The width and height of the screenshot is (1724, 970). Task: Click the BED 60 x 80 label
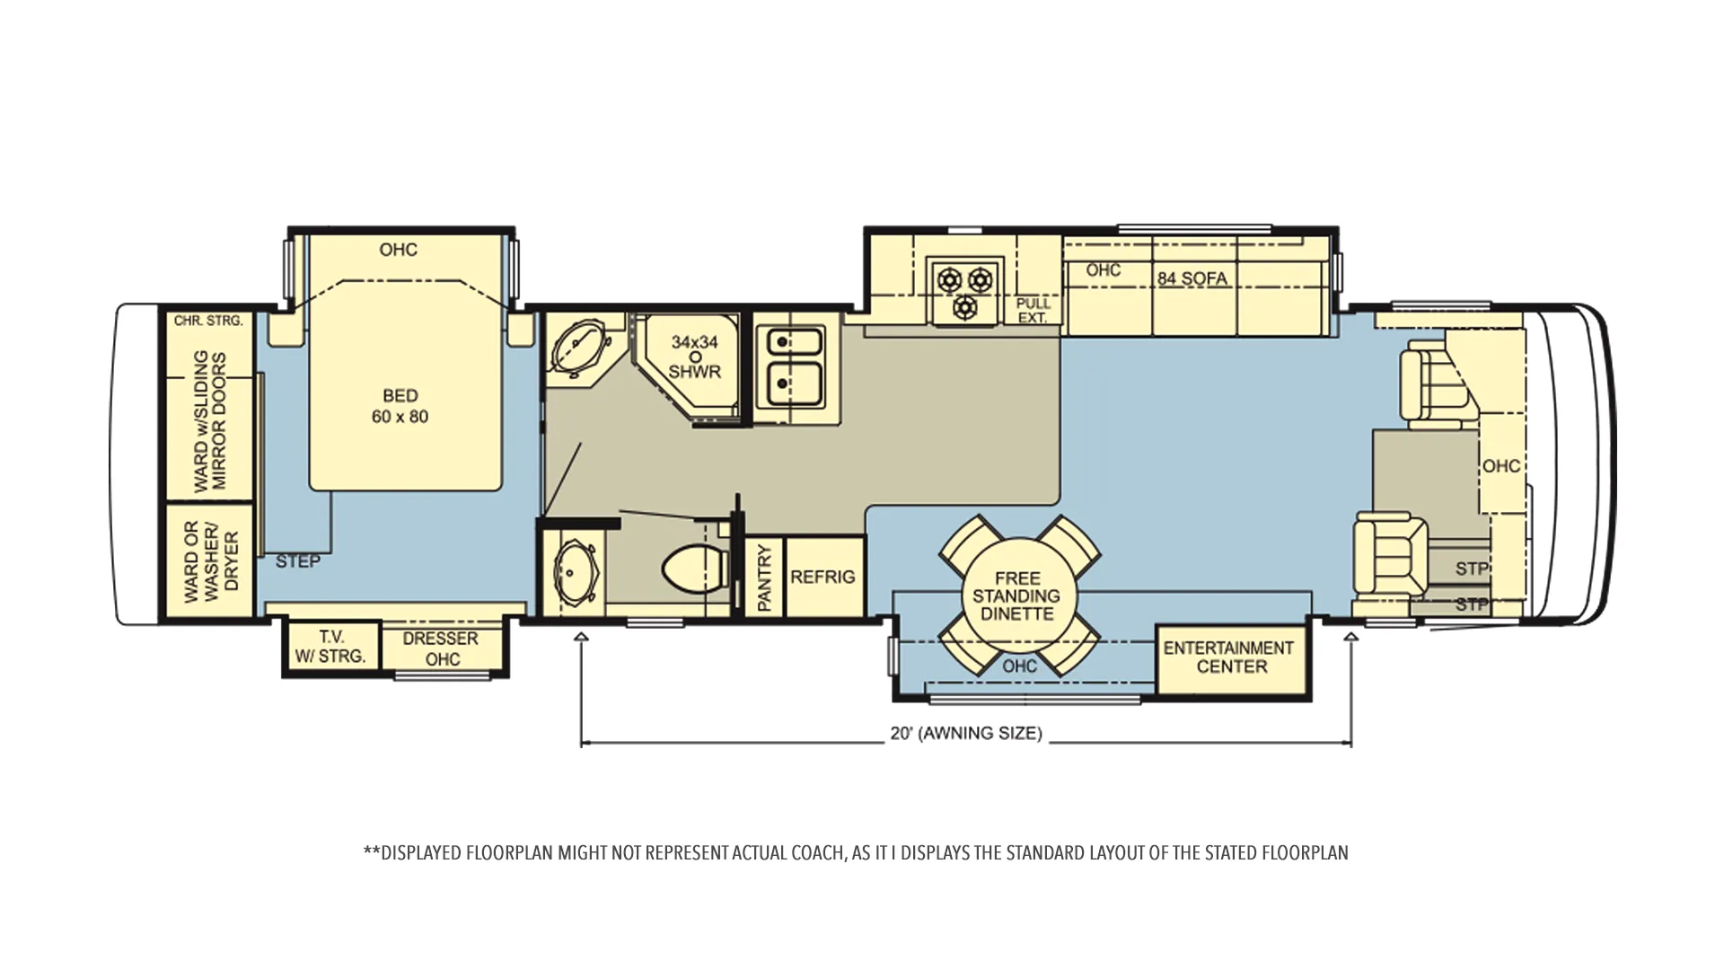pos(400,406)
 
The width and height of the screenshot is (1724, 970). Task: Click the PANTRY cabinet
pos(765,577)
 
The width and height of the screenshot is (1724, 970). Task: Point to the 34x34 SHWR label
pos(695,357)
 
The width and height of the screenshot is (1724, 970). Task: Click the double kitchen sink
pos(790,367)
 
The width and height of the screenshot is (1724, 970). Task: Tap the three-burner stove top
pos(964,289)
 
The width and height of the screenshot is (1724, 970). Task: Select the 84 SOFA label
pos(1192,278)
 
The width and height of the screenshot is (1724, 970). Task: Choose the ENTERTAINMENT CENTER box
pos(1230,659)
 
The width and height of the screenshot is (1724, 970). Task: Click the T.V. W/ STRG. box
pos(331,646)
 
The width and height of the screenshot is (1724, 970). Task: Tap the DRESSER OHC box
pos(441,648)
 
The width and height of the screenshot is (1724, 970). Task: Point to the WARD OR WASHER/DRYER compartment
pos(208,560)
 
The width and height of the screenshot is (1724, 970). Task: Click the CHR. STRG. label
pos(208,321)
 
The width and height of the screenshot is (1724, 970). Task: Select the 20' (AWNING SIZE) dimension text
pos(966,733)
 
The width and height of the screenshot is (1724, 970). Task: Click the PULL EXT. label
pos(1033,311)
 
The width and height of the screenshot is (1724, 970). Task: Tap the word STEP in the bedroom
pos(297,561)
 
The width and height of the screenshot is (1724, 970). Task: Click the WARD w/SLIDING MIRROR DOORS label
pos(210,420)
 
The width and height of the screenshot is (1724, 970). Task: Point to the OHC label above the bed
pos(398,250)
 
